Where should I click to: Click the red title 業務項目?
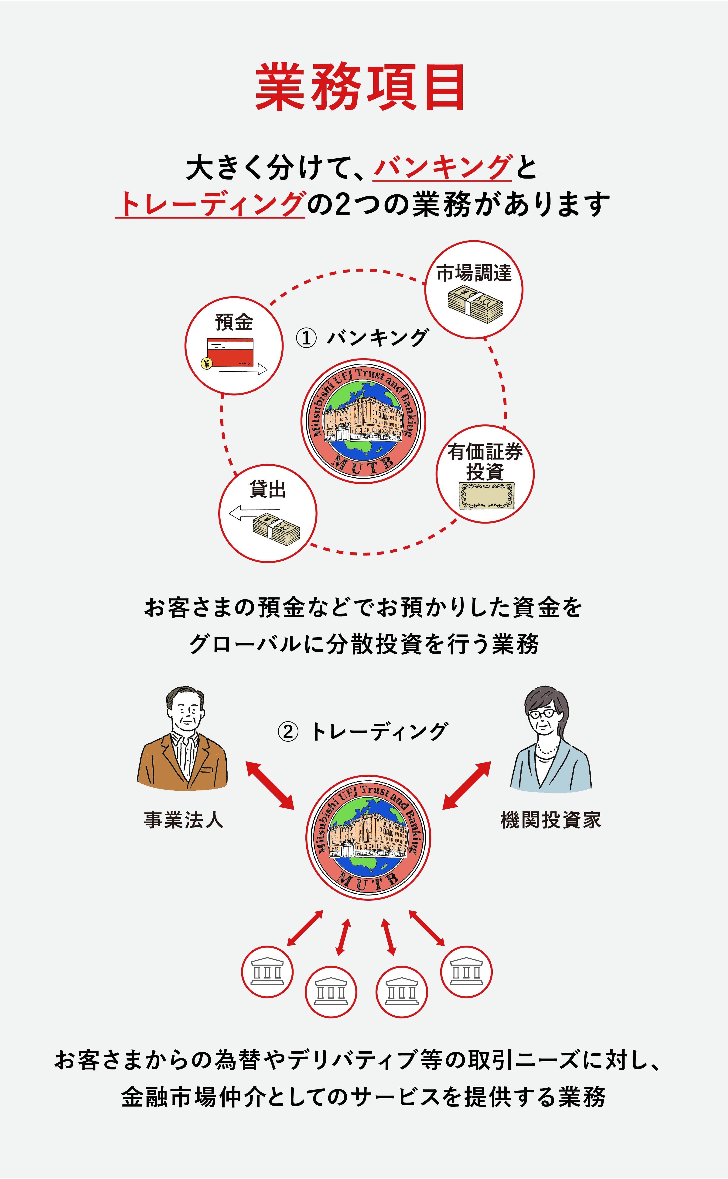(x=360, y=88)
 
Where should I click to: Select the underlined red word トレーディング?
(x=210, y=204)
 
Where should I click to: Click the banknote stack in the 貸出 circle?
(x=276, y=529)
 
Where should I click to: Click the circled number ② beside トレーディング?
(x=288, y=732)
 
